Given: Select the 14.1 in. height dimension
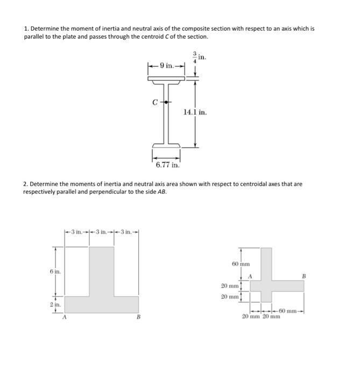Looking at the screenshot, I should (x=195, y=113).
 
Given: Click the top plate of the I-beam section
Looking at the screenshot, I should (x=166, y=79).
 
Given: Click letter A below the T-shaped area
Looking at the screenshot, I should (x=65, y=317).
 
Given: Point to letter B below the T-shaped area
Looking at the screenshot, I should (x=138, y=317).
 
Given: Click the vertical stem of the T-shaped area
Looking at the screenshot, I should (x=101, y=269).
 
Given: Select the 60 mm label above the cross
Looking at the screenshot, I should (x=241, y=264).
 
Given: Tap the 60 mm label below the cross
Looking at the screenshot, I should (x=291, y=311).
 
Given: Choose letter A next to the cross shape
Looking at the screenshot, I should (x=249, y=276).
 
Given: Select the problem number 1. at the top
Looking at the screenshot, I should (x=26, y=29).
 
